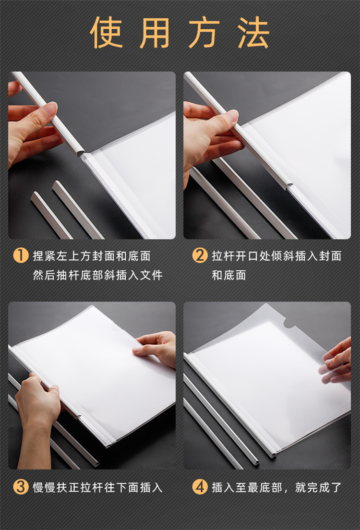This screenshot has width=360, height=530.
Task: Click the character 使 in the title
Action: [x=106, y=33]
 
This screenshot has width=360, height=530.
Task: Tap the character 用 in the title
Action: [x=155, y=33]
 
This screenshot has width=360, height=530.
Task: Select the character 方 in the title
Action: [x=204, y=33]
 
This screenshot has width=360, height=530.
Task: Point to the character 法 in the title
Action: [x=253, y=33]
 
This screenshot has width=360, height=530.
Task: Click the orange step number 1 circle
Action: [x=21, y=255]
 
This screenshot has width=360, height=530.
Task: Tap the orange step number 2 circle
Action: [x=200, y=255]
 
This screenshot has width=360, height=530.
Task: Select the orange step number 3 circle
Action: [x=21, y=487]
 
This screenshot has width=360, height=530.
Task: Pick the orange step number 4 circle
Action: [x=200, y=487]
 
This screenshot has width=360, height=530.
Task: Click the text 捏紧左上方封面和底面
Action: [x=92, y=256]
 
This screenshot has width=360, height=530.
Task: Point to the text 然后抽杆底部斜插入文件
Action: [x=98, y=275]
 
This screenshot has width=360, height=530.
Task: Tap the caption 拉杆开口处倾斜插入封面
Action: [x=276, y=256]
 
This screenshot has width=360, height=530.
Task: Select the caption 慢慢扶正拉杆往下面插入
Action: [x=98, y=487]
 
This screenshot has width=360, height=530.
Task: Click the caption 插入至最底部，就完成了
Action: [x=276, y=487]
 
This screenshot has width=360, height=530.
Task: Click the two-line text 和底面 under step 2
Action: [x=229, y=275]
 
